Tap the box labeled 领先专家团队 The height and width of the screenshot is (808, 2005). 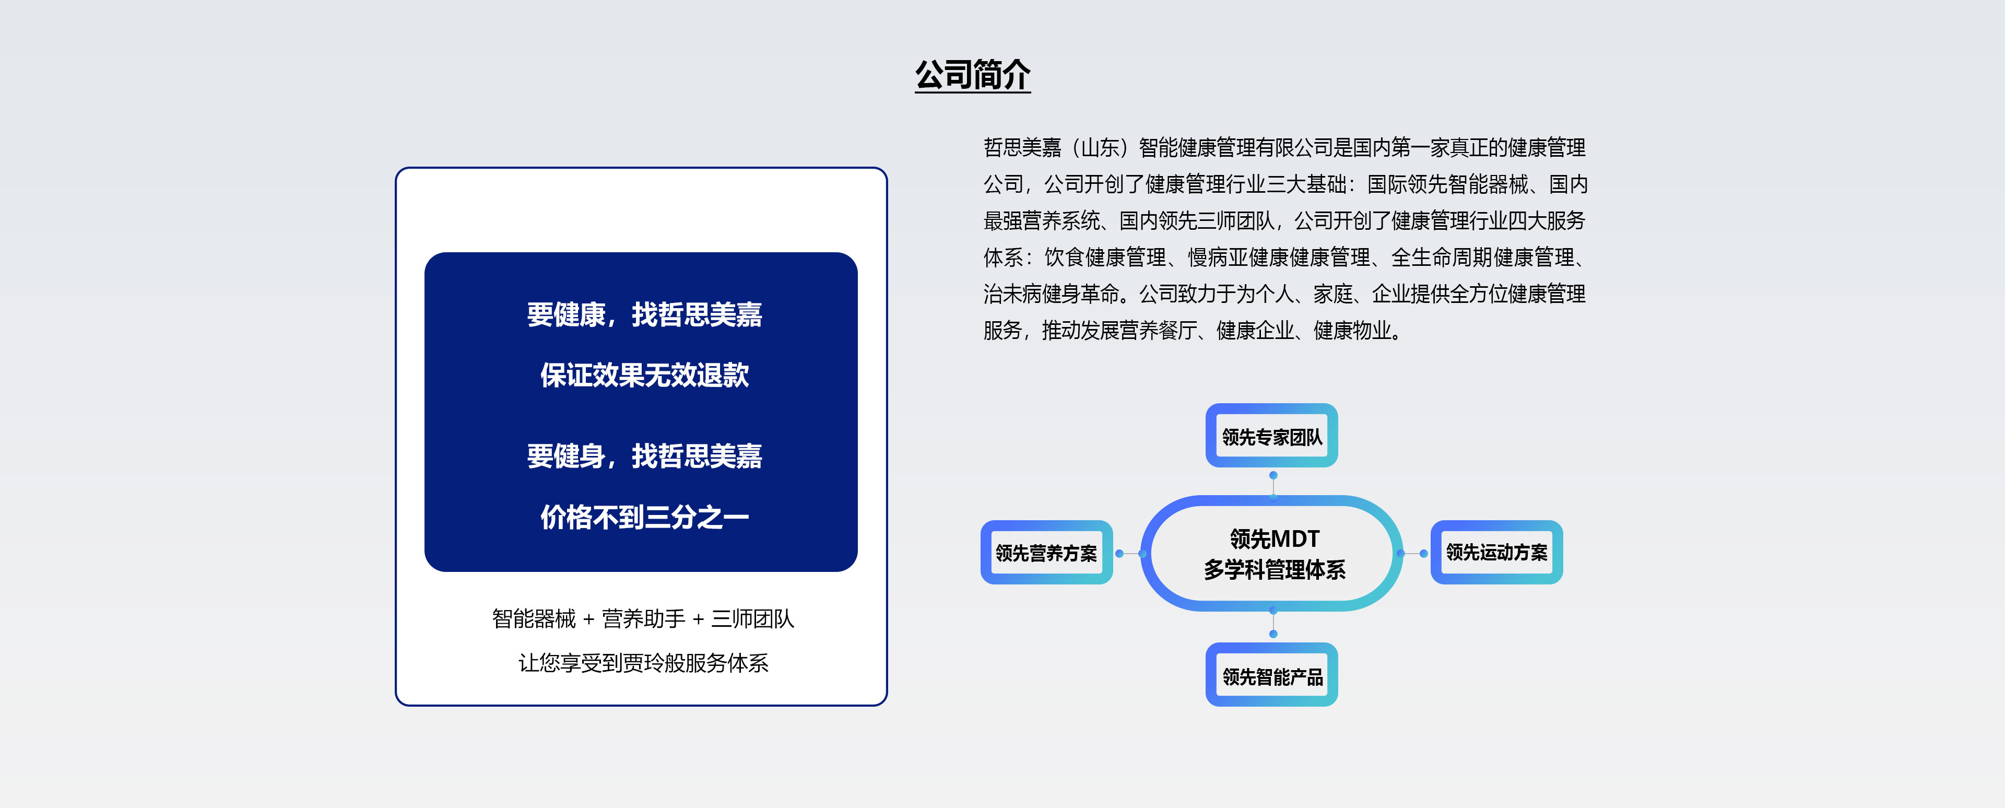coord(1272,436)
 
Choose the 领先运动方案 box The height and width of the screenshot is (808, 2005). coord(1497,553)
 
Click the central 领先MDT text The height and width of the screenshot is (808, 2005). coord(1274,538)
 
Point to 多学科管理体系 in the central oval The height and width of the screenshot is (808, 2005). coord(1274,570)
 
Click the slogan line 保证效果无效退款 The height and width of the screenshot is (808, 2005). coord(644,375)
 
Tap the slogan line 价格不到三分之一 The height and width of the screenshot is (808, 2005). coord(644,517)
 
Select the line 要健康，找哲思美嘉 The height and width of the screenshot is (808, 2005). coord(644,314)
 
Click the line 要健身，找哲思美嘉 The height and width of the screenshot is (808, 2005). coord(644,456)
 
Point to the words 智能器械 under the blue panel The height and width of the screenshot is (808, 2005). coord(534,619)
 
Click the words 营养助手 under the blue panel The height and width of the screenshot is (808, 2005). coord(644,619)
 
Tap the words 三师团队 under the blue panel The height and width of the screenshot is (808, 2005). coord(752,619)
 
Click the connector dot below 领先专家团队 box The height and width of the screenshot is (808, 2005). coord(1273,475)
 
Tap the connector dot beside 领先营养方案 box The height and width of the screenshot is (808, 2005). coord(1119,554)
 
